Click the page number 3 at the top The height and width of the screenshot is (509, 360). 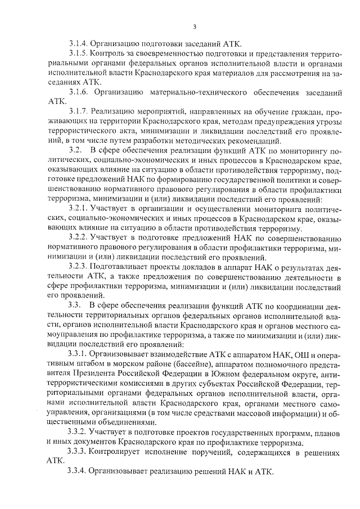click(x=194, y=26)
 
